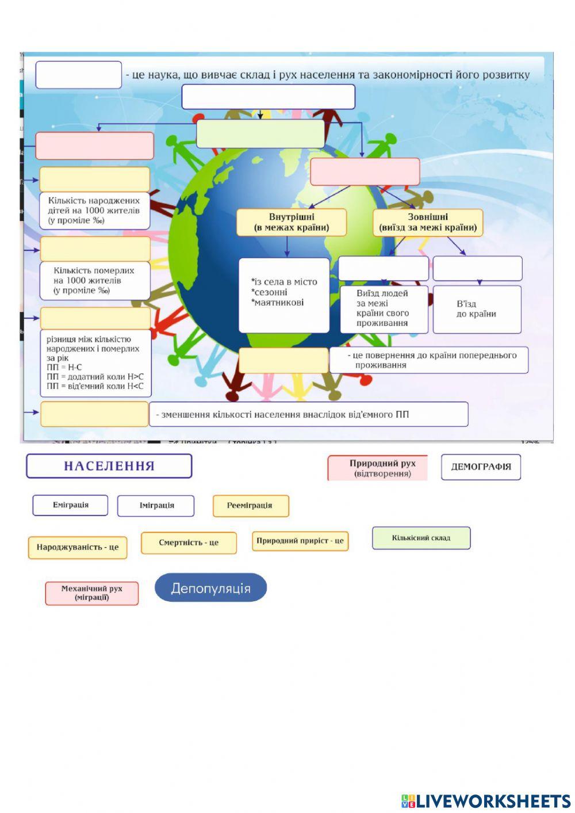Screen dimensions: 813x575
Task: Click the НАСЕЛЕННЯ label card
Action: [x=109, y=466]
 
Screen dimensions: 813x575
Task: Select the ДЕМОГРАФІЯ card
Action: [x=481, y=467]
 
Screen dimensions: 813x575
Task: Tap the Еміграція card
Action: [x=70, y=505]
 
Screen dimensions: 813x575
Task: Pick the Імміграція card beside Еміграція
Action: [x=156, y=506]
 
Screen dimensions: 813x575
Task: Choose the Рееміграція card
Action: [x=250, y=506]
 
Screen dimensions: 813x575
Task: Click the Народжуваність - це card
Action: [x=78, y=547]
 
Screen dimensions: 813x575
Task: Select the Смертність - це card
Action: [x=189, y=543]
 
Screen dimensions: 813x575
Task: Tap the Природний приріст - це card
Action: [x=300, y=541]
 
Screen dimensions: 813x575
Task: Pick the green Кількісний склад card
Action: [x=421, y=538]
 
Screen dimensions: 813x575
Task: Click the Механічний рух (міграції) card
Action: [x=92, y=593]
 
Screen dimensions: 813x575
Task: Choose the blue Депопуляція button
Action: [x=210, y=588]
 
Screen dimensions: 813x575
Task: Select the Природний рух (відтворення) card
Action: [x=378, y=468]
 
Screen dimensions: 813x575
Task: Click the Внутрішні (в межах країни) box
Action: [x=292, y=222]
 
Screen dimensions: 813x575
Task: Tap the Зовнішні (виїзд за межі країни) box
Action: [x=428, y=222]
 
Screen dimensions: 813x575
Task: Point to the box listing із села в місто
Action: [x=284, y=295]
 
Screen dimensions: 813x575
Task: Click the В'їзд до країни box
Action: [x=477, y=309]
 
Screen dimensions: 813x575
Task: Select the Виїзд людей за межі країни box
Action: [x=384, y=308]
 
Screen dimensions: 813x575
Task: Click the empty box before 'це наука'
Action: [x=79, y=75]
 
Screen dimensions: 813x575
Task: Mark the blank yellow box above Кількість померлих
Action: [x=95, y=249]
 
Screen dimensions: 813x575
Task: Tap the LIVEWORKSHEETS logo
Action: [x=485, y=800]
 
